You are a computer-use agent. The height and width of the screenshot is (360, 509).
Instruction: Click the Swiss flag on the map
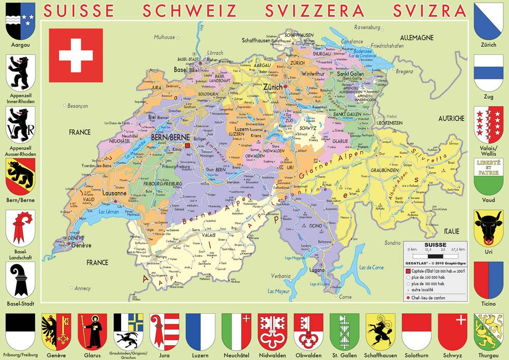76,56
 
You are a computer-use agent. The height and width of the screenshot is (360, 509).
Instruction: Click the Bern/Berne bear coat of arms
20,175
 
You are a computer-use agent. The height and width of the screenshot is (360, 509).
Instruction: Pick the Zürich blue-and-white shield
489,20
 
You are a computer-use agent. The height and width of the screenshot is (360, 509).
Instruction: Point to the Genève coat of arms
56,330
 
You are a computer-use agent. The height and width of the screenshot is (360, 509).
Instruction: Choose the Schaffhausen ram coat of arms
380,330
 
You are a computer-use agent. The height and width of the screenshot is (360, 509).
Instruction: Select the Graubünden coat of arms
128,330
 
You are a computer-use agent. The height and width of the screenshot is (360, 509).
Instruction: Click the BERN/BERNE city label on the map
171,137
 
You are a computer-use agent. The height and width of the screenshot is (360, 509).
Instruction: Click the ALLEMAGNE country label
416,38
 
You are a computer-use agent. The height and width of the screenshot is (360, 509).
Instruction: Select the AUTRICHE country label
451,118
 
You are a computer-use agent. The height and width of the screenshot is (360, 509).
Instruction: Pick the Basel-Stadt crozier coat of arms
20,280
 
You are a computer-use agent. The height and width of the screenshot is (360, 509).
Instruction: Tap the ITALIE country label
450,231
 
